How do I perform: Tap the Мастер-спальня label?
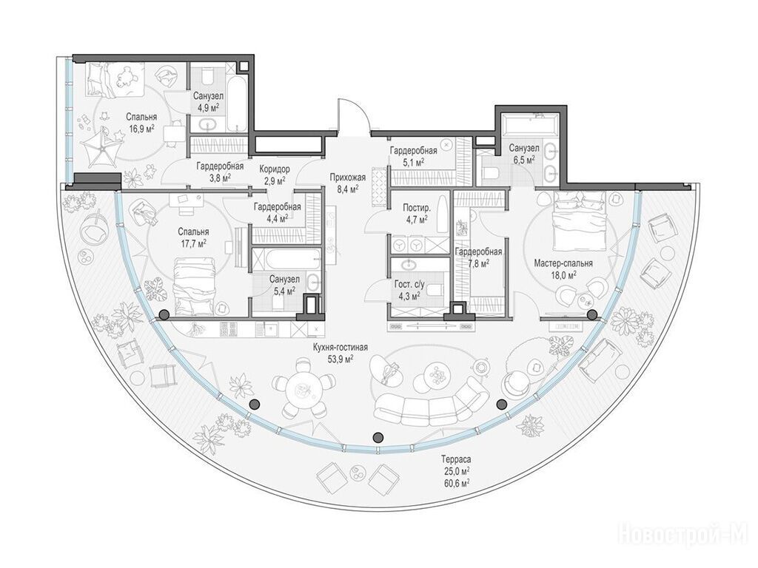[563, 263]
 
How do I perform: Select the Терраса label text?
[455, 460]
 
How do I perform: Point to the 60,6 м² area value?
[455, 482]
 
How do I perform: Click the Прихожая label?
[348, 177]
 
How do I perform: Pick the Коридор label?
[275, 169]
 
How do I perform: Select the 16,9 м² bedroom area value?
[141, 128]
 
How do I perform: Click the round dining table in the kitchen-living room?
[303, 388]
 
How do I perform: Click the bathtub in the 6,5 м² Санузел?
[529, 124]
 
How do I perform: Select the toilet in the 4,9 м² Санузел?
[207, 76]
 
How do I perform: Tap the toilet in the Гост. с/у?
[436, 289]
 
